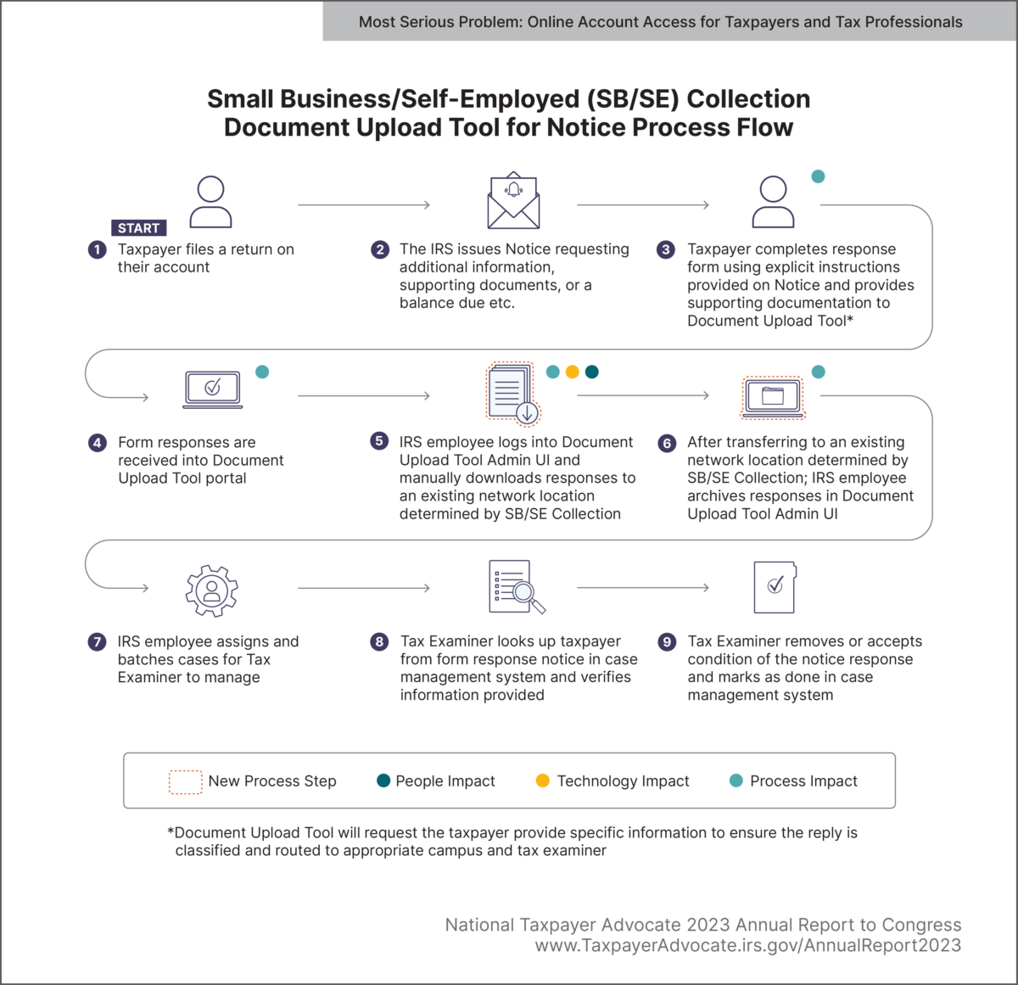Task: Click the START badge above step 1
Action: [139, 228]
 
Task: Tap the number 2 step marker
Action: [380, 249]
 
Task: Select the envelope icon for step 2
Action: [513, 202]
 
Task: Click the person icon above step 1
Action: [210, 202]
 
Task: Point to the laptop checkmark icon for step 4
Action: [213, 389]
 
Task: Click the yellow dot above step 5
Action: [573, 372]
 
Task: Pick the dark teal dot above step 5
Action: [592, 372]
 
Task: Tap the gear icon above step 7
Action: [212, 590]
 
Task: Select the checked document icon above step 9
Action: [775, 587]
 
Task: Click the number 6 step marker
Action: [667, 443]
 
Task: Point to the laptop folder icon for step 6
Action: [772, 398]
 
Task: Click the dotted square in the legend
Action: [185, 781]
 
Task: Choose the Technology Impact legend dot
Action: [543, 781]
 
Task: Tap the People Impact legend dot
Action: [383, 781]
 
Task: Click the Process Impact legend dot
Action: [736, 781]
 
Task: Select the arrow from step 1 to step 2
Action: [364, 204]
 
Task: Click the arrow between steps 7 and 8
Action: [364, 588]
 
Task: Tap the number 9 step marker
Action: [667, 642]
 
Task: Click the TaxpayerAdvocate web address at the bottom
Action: [747, 946]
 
